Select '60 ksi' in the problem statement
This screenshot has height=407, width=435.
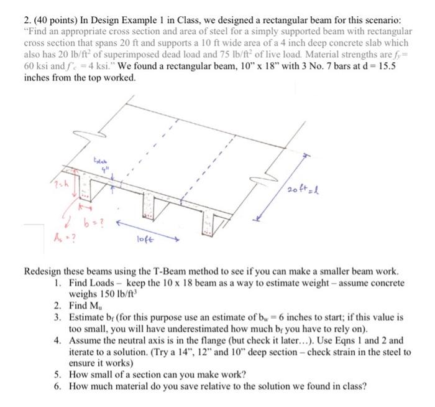[35, 67]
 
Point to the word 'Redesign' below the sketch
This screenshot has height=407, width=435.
[43, 273]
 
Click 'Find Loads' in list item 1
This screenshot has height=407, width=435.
[95, 284]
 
